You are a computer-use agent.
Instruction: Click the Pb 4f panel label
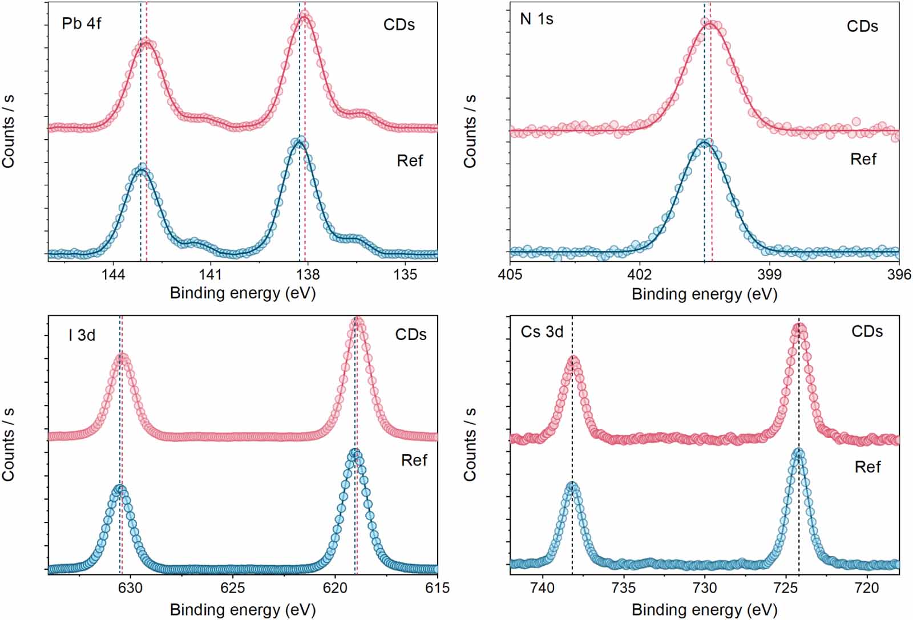click(82, 24)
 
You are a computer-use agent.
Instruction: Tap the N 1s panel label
click(536, 19)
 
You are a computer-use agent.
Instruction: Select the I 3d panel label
click(82, 335)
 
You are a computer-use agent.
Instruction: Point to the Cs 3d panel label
click(542, 332)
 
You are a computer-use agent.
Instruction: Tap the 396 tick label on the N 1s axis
click(899, 275)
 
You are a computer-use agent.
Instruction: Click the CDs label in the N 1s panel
click(862, 27)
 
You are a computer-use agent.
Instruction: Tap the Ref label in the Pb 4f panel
click(410, 161)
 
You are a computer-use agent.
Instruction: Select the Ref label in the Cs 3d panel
click(867, 467)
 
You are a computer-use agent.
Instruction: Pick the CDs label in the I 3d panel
click(410, 335)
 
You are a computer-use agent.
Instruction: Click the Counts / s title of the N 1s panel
click(470, 131)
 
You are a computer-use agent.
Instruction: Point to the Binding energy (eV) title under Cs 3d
click(704, 610)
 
